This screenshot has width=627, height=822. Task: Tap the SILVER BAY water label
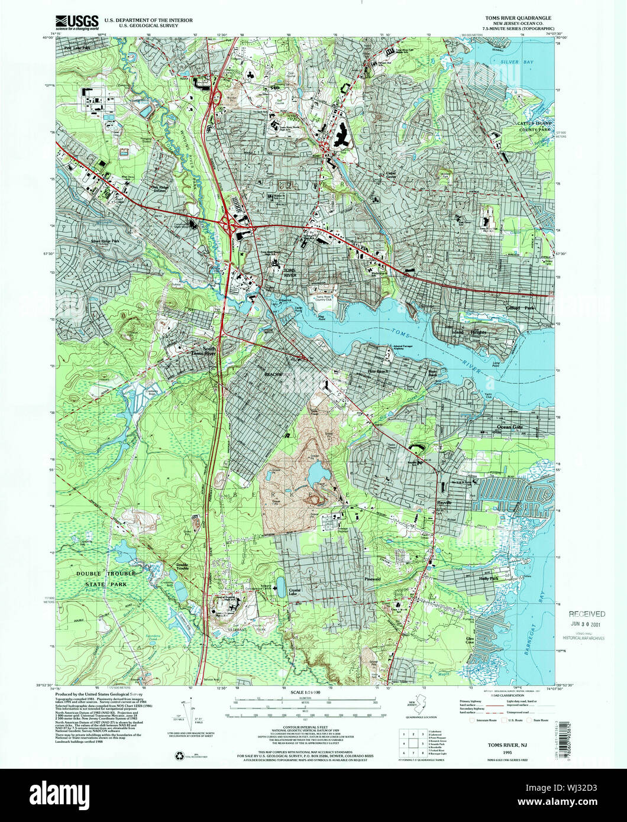coord(514,61)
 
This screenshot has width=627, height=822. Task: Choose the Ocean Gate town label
coord(512,426)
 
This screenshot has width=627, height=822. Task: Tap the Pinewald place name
coord(373,579)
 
